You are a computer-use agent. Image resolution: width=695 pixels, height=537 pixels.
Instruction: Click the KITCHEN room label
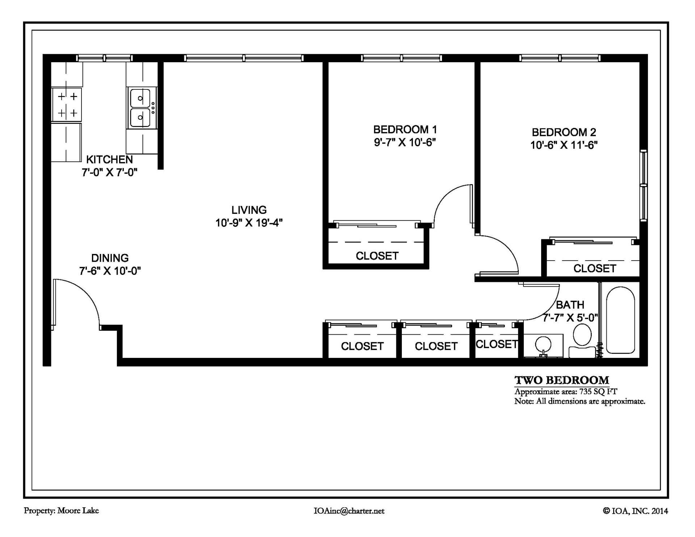click(109, 160)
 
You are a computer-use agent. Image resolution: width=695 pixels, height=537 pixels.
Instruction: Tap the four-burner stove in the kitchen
click(67, 105)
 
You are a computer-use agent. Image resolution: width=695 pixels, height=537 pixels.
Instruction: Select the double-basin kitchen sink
click(141, 108)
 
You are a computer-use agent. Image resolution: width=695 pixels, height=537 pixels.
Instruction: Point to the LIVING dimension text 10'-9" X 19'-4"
click(249, 223)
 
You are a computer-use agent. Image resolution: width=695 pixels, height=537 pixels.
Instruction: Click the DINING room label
click(110, 258)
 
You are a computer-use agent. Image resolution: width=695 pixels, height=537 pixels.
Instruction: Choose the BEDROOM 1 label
click(405, 130)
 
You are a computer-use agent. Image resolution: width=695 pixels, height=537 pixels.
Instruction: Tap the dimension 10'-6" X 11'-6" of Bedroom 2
click(564, 145)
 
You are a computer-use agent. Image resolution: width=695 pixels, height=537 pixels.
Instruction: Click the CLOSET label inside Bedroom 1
click(377, 256)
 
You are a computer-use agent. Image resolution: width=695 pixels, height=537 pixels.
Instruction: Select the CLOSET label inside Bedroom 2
click(594, 268)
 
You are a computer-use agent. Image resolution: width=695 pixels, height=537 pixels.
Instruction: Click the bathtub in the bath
click(620, 320)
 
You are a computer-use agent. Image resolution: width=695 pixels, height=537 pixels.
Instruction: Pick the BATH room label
click(570, 305)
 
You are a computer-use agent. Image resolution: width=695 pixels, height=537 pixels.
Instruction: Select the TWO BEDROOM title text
click(561, 380)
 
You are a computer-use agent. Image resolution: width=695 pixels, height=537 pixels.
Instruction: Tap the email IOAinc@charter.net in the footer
click(349, 511)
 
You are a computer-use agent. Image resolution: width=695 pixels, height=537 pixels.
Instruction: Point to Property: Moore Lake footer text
click(61, 511)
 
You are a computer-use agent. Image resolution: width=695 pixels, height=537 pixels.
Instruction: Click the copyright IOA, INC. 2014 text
click(635, 511)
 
